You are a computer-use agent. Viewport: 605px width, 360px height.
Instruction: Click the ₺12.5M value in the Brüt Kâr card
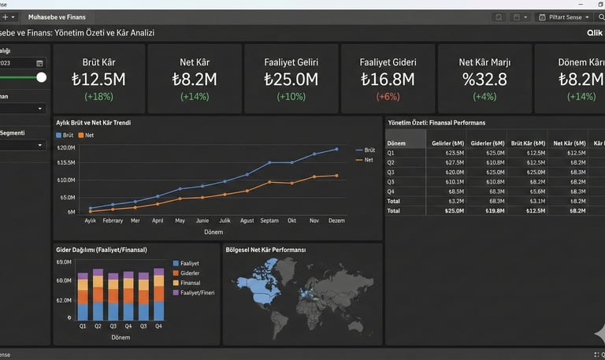pos(99,79)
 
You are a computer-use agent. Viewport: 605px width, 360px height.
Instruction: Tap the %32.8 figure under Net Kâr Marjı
pos(484,79)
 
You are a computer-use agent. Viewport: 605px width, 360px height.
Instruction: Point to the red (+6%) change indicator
pos(388,96)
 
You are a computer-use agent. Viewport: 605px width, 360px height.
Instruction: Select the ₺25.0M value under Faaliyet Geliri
pos(291,79)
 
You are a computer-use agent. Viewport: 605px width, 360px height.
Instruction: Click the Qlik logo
pos(595,33)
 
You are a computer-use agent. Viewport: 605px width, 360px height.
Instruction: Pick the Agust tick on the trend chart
pos(247,221)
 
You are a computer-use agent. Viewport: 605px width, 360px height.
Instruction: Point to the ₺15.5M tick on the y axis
pos(66,162)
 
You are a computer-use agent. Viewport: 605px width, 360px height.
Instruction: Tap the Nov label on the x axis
pos(314,221)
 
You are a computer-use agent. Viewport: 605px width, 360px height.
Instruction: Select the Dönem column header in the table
pos(397,143)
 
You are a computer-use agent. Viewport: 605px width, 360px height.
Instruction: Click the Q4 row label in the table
pos(392,191)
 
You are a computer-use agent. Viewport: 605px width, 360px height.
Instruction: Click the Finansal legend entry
pos(191,283)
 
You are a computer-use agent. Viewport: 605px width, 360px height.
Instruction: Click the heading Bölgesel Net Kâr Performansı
pos(265,250)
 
